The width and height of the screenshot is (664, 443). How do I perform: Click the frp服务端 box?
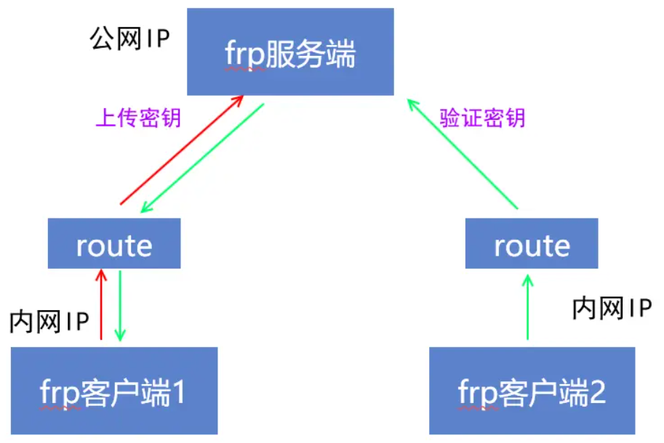click(x=290, y=52)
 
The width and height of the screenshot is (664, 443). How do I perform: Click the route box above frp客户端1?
click(x=114, y=244)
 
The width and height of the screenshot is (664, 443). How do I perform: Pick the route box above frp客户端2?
click(x=532, y=244)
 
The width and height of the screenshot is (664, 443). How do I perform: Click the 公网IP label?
click(x=129, y=38)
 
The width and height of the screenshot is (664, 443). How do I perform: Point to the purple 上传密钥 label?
click(x=138, y=118)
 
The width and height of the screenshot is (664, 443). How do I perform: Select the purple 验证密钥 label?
click(x=483, y=118)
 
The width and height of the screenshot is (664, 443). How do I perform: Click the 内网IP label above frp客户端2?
click(x=612, y=308)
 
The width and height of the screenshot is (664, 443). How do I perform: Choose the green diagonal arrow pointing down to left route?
click(x=202, y=158)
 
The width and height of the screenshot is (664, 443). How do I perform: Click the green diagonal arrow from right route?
click(x=463, y=154)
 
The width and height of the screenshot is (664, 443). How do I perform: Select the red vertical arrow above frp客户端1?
click(x=101, y=305)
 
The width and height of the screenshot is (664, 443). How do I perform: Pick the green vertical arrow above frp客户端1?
click(x=120, y=305)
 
